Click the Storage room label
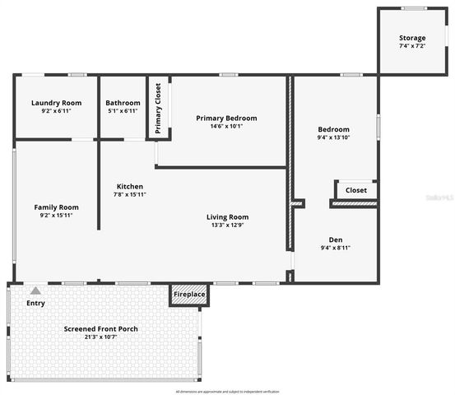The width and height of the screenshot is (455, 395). click(x=412, y=39)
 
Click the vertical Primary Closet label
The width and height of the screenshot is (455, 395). click(x=158, y=108)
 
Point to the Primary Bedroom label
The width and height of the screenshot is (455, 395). click(x=226, y=118)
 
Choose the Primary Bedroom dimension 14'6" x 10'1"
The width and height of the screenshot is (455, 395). click(x=226, y=127)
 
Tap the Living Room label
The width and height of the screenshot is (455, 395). click(x=227, y=216)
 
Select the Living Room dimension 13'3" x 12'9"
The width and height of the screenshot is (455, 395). click(x=227, y=225)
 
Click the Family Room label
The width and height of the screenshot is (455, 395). click(x=56, y=207)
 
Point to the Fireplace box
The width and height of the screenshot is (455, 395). click(x=188, y=294)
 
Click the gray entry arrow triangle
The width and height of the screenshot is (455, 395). click(x=35, y=290)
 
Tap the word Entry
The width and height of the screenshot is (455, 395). click(x=35, y=303)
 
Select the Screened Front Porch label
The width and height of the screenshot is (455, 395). click(x=101, y=328)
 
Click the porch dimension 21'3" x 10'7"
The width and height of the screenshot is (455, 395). click(x=101, y=337)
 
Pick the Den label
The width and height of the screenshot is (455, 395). click(x=336, y=239)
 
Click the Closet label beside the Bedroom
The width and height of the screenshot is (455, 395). click(x=356, y=190)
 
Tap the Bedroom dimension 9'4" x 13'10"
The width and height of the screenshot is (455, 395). click(x=334, y=138)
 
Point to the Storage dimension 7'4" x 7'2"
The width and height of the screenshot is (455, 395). click(x=412, y=47)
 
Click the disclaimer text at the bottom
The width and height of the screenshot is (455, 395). click(x=227, y=391)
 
